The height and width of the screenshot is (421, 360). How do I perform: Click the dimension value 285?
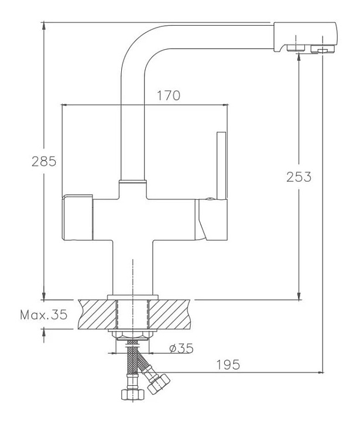point(44,162)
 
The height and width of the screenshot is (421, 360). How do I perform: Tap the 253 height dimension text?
point(299,175)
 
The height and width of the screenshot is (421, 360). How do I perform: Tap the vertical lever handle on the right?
point(221,167)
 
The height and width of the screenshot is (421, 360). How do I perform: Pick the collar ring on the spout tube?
point(132,182)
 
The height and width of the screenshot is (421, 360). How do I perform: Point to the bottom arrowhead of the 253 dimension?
point(299,295)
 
